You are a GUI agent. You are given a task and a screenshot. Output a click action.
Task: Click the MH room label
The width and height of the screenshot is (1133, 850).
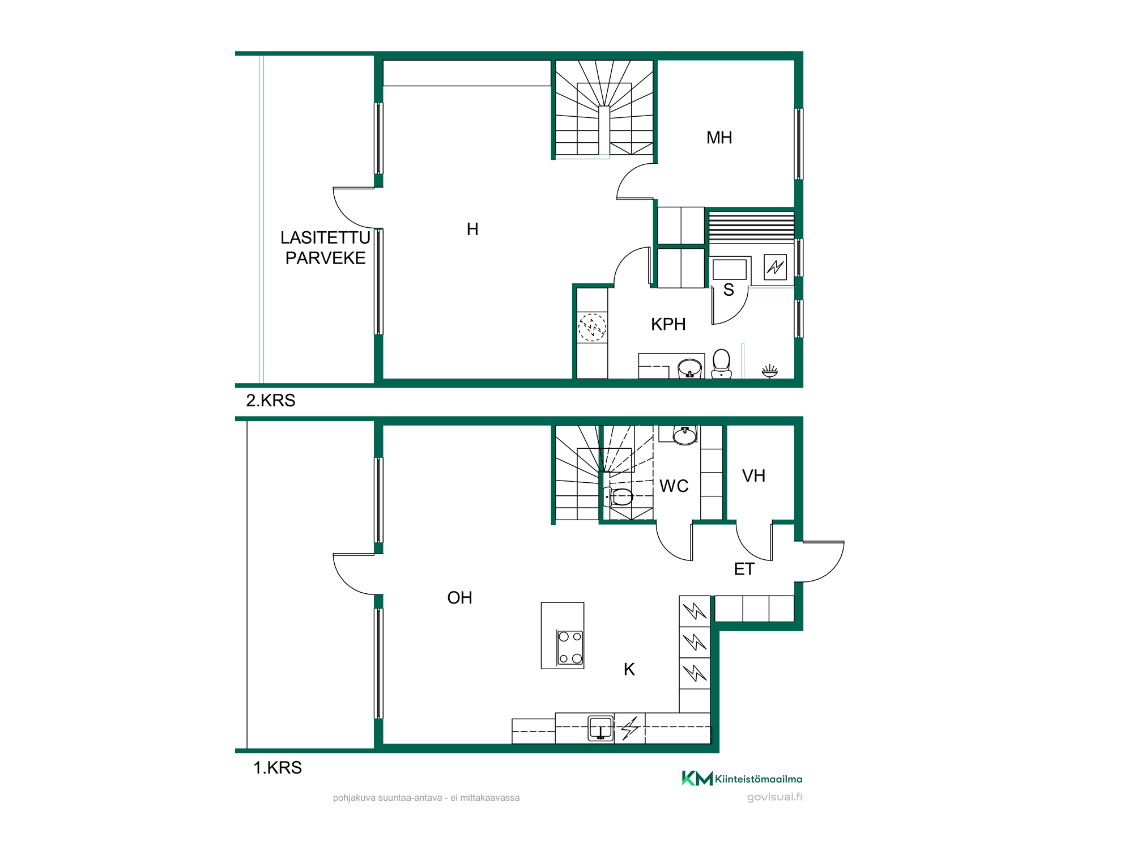[x=719, y=138]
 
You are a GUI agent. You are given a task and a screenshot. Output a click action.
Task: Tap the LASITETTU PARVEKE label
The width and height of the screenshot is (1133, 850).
[x=325, y=248]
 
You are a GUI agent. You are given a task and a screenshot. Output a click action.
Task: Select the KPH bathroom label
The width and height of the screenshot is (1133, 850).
[x=668, y=324]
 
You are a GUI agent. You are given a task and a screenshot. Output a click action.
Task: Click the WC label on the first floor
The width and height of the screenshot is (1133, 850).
[x=674, y=486]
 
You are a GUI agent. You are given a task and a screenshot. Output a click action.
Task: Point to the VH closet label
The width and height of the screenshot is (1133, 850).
[x=753, y=476]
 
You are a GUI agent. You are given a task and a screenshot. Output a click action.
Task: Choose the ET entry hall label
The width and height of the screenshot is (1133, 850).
[x=744, y=569]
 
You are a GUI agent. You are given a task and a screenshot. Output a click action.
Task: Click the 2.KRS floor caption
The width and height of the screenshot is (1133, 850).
[x=271, y=401]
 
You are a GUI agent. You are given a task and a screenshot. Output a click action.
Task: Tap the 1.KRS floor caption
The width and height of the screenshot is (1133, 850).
[x=278, y=768]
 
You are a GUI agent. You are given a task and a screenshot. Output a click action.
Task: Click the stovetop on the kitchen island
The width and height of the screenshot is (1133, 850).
[x=570, y=647]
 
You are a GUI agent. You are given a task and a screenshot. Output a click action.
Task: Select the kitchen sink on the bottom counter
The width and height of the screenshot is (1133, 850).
[x=600, y=728]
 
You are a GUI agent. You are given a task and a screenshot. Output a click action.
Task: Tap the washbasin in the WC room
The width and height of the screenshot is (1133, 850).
[x=685, y=435]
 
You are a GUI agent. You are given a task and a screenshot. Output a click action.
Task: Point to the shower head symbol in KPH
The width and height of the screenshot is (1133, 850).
[x=769, y=371]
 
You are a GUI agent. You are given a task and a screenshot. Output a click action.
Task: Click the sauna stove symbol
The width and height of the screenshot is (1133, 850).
[x=775, y=267]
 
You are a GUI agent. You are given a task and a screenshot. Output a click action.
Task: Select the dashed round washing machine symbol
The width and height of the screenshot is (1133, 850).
[x=592, y=328]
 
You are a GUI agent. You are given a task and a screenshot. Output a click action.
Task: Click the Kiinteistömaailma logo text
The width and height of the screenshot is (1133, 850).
[x=759, y=779]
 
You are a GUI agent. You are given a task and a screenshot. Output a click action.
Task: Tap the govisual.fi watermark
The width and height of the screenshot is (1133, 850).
[x=774, y=797]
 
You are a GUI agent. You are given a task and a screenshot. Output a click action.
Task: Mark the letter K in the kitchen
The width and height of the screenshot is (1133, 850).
[x=629, y=669]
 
